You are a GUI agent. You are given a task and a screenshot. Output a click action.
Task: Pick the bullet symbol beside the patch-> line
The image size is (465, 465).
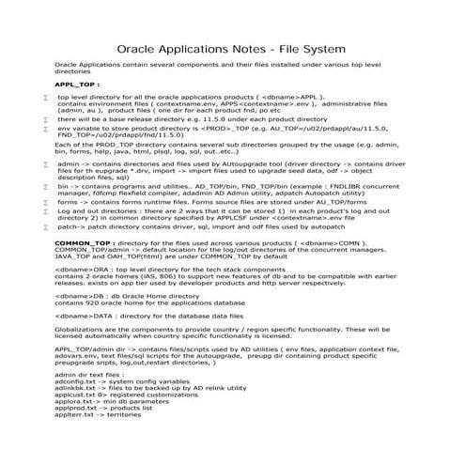tap(45, 227)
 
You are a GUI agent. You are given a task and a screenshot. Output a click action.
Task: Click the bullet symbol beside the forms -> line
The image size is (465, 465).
tap(45, 202)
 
